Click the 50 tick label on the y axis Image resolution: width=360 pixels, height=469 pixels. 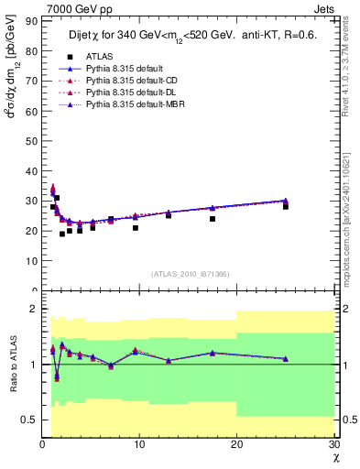[32, 140]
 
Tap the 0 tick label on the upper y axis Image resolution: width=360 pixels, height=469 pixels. [35, 290]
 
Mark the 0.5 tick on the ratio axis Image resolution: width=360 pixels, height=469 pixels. [29, 420]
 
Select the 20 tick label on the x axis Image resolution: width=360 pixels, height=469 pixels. [236, 445]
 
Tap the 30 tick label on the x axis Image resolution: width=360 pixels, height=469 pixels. [333, 445]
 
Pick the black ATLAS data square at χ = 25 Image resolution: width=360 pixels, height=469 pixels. [286, 206]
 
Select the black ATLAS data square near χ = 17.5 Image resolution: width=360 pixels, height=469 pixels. [213, 218]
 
